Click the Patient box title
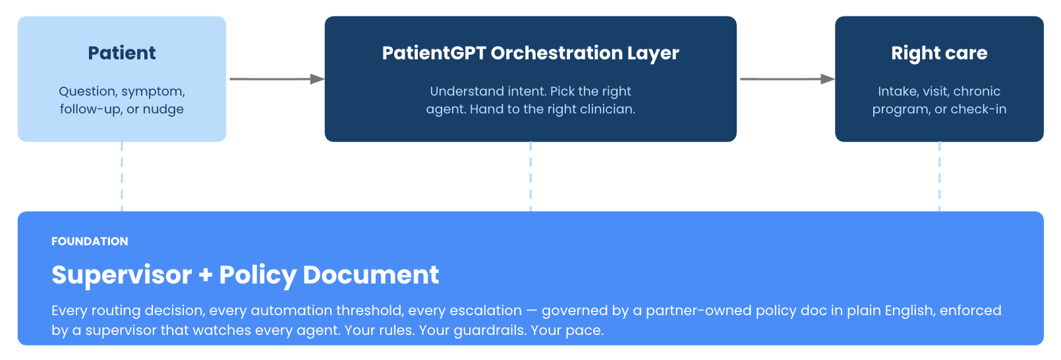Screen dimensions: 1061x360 coord(122,53)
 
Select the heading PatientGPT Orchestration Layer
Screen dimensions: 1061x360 coord(530,53)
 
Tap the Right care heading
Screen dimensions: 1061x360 coord(939,53)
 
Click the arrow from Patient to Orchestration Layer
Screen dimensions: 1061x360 coord(277,79)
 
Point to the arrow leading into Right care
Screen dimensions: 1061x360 coord(788,79)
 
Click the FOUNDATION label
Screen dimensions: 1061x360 coord(90,241)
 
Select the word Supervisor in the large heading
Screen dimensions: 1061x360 coord(122,275)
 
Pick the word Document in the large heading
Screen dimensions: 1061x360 coord(371,274)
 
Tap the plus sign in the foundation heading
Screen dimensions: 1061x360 coord(206,275)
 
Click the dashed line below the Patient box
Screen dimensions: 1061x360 coord(122,176)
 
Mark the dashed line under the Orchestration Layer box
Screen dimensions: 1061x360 coord(530,176)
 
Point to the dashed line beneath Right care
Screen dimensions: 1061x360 coord(939,176)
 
